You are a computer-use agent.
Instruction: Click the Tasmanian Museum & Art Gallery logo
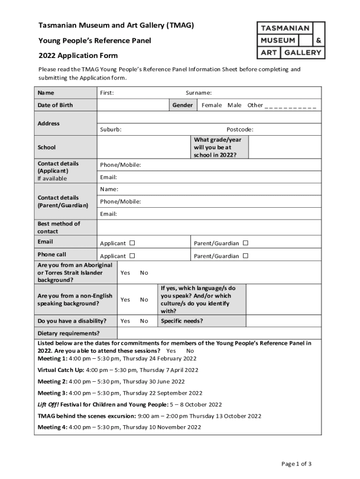[291, 40]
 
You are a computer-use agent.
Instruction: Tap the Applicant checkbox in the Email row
[132, 243]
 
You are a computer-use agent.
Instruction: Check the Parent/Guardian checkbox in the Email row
[245, 243]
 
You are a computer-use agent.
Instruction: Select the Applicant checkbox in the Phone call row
[132, 256]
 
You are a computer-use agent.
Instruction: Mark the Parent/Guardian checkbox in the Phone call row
[245, 256]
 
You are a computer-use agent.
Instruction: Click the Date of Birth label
[55, 105]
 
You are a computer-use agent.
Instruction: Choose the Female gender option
[211, 105]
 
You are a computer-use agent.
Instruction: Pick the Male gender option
[234, 105]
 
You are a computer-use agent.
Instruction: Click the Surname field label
[199, 93]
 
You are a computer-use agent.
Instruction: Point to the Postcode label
[240, 130]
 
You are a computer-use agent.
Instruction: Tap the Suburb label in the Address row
[111, 130]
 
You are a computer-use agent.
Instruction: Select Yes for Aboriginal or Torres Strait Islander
[125, 273]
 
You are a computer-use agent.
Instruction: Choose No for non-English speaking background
[144, 300]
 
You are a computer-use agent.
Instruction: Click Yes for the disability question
[125, 321]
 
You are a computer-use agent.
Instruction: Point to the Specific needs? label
[182, 321]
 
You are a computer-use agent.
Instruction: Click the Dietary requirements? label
[68, 334]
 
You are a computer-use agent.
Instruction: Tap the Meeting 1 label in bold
[52, 359]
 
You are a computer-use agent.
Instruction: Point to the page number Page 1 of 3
[296, 464]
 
